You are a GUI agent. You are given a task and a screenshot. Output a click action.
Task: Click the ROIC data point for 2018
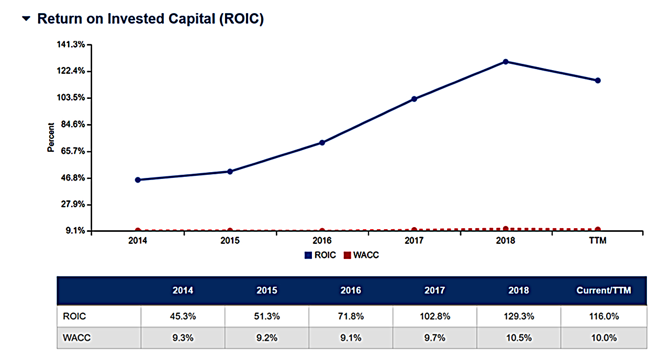506,62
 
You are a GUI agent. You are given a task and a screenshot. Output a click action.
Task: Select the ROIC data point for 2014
138,180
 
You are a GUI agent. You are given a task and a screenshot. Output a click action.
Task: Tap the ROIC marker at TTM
598,81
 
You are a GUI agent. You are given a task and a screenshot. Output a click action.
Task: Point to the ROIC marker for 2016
322,143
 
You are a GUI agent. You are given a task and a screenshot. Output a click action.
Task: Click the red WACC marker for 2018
506,229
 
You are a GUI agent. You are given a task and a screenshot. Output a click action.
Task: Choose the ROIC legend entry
320,255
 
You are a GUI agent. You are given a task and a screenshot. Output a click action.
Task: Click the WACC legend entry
361,255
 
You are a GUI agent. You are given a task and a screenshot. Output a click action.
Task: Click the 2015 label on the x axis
230,241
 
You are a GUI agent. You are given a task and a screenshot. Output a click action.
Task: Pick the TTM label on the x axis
598,241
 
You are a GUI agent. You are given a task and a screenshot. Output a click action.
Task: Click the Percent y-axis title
51,137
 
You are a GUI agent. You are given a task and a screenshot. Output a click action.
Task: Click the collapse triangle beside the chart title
26,19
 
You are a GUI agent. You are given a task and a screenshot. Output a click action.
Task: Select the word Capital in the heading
185,19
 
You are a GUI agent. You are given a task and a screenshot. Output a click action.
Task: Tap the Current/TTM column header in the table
604,290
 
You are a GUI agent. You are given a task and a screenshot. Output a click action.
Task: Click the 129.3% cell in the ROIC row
518,317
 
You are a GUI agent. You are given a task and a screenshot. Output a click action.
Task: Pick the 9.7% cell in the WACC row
434,337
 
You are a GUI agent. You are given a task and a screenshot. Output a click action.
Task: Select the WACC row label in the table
76,337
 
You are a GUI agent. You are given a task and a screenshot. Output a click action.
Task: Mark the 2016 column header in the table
351,290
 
